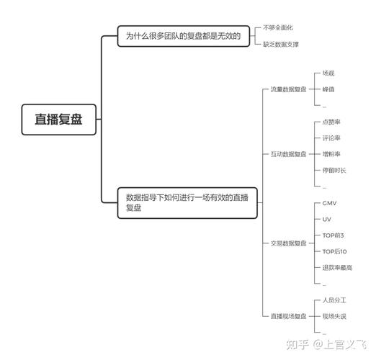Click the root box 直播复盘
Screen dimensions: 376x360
click(59, 120)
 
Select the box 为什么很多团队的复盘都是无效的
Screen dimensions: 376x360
click(184, 36)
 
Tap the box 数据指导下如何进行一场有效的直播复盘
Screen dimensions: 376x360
click(187, 203)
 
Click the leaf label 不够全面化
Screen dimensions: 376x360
click(278, 27)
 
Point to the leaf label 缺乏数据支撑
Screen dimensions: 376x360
click(281, 44)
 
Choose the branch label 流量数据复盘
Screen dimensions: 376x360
click(288, 89)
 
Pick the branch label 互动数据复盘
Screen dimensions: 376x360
click(288, 154)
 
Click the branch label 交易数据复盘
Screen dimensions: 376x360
click(288, 243)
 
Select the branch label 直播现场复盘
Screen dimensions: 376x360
click(288, 316)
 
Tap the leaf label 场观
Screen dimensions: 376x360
click(328, 73)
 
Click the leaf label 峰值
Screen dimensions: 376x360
click(328, 89)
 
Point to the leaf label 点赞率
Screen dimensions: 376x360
click(331, 122)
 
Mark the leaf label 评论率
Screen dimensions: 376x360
click(331, 138)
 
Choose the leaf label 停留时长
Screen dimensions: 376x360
click(334, 171)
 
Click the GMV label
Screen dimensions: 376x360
click(329, 203)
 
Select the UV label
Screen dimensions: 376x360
click(327, 219)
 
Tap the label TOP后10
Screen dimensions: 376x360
click(334, 251)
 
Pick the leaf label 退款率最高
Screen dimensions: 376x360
click(337, 268)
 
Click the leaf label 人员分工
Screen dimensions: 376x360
click(334, 300)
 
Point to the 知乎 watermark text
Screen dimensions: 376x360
click(297, 345)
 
